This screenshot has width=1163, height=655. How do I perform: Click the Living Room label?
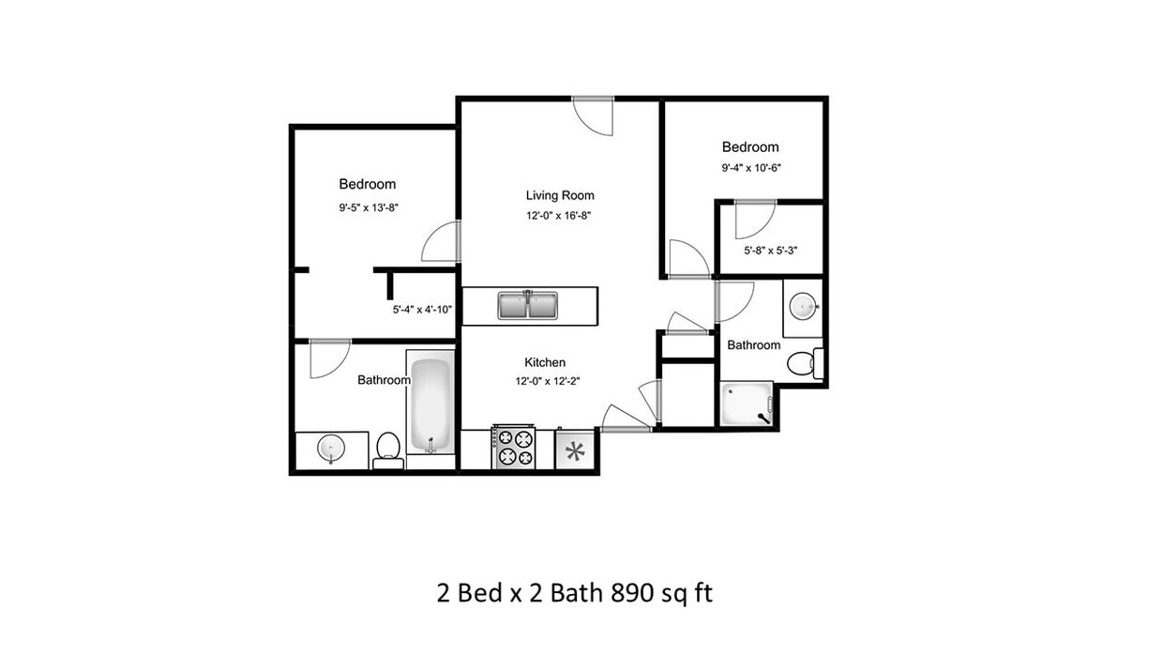(x=559, y=195)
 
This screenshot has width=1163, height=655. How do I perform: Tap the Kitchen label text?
(x=544, y=362)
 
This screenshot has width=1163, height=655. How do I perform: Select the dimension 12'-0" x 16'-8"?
(x=559, y=215)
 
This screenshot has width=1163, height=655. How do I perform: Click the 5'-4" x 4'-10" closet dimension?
(x=423, y=309)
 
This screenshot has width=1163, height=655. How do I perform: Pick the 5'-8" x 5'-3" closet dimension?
(x=770, y=251)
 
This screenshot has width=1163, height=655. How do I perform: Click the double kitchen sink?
(x=528, y=305)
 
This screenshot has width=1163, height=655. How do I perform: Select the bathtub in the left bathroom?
(x=430, y=404)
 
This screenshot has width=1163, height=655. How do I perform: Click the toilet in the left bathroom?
(x=388, y=449)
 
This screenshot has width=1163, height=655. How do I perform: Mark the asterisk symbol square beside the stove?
(x=574, y=451)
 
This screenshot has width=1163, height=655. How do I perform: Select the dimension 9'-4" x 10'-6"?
(x=751, y=168)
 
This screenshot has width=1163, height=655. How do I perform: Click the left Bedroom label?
(x=367, y=184)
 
